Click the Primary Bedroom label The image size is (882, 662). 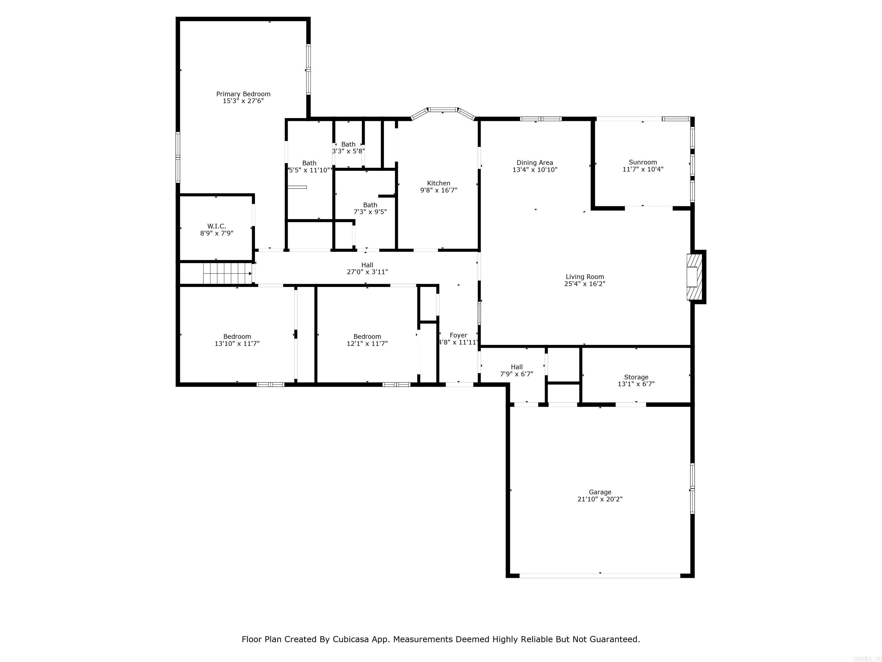click(x=243, y=94)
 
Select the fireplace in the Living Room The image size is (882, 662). click(x=694, y=276)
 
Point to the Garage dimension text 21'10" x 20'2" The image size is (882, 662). click(x=600, y=499)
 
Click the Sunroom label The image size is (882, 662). click(x=643, y=162)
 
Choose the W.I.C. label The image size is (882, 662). click(x=216, y=226)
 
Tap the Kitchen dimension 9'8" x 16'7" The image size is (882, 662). click(x=439, y=190)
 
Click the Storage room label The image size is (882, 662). click(x=636, y=377)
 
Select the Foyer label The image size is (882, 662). click(x=458, y=335)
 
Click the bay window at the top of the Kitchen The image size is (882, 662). click(x=443, y=109)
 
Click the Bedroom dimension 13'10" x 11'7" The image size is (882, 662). click(x=237, y=344)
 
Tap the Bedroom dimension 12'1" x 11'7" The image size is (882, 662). click(x=367, y=344)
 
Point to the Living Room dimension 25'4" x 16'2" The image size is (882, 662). click(x=585, y=284)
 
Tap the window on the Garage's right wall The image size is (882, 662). click(x=692, y=488)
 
